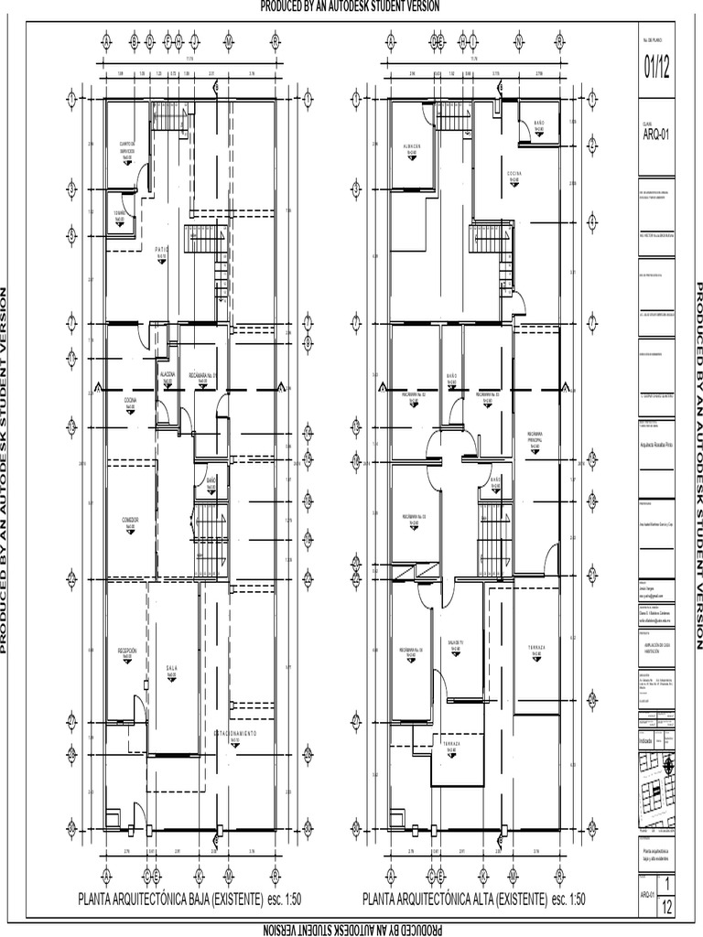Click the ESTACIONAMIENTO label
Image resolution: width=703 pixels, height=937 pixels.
[242, 735]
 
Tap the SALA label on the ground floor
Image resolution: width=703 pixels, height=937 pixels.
[170, 670]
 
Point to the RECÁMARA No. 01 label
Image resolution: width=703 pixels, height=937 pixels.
[203, 376]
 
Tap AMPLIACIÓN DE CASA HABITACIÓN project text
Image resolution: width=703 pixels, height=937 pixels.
[657, 647]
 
